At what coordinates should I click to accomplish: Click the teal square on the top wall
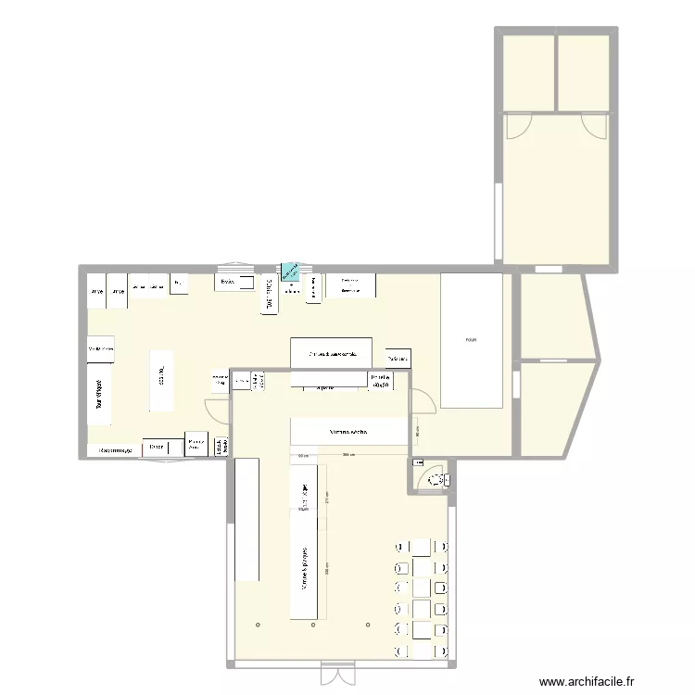[x=291, y=271]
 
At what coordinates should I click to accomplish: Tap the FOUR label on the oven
[x=472, y=340]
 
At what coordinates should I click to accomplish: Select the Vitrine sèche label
[x=349, y=433]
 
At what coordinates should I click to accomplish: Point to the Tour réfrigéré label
[x=99, y=391]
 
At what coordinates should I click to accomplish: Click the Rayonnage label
[x=117, y=450]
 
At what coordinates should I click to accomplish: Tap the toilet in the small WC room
[x=435, y=479]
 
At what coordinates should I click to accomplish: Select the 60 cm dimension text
[x=303, y=455]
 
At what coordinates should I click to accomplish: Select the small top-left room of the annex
[x=528, y=72]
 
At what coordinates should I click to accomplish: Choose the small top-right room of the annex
[x=583, y=72]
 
